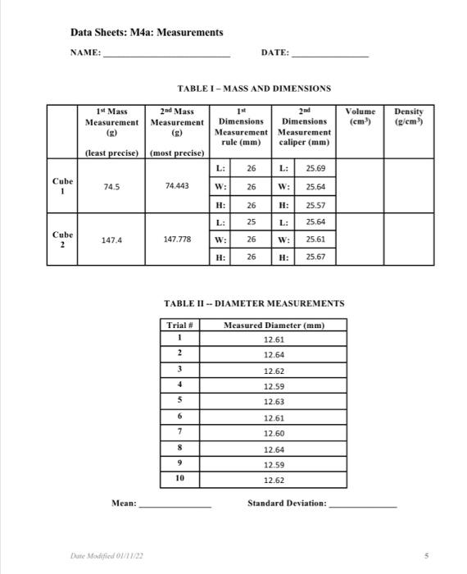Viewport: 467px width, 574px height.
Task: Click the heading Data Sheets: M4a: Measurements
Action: tap(146, 32)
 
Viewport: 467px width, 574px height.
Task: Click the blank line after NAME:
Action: tap(166, 54)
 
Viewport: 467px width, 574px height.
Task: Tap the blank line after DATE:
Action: tap(330, 54)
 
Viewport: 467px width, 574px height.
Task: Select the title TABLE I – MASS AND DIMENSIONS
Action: tap(253, 88)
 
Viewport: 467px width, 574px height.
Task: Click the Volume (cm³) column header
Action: tap(360, 116)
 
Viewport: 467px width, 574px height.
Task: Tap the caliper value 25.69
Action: tap(315, 168)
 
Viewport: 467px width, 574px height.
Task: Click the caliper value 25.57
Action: tap(315, 204)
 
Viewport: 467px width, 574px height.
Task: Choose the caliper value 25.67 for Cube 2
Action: tap(315, 257)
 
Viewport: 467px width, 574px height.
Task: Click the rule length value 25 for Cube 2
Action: tap(251, 221)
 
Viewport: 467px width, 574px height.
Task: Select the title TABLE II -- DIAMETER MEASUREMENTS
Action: tap(254, 303)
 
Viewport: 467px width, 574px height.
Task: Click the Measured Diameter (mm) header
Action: tap(274, 326)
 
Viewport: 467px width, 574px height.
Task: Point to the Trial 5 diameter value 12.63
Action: tap(274, 402)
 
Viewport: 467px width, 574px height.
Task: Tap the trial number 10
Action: tap(179, 480)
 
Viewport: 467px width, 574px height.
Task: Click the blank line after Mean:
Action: tap(175, 503)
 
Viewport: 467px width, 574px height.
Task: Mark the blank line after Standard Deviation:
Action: tap(362, 503)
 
